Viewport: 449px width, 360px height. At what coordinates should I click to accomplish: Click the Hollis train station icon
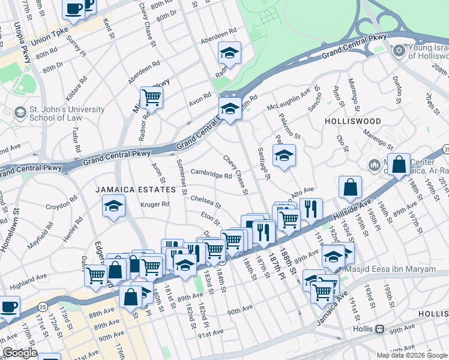379,329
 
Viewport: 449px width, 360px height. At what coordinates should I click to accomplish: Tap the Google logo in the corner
20,353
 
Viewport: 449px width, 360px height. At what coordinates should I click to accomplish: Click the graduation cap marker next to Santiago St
284,156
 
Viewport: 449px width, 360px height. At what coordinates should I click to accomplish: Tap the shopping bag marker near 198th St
399,164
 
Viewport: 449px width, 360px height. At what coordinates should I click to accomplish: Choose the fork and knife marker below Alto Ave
310,209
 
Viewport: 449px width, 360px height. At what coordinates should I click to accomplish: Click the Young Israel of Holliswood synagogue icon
397,51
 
